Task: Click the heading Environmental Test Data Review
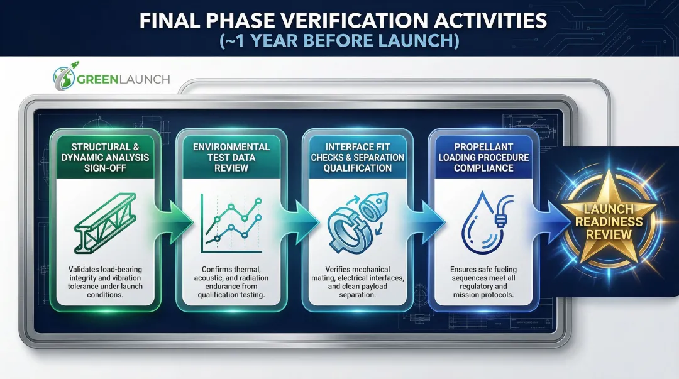coord(231,157)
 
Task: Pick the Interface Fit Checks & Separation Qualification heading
coord(357,157)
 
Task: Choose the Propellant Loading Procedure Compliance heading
coord(482,157)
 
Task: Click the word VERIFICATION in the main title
coord(342,21)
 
